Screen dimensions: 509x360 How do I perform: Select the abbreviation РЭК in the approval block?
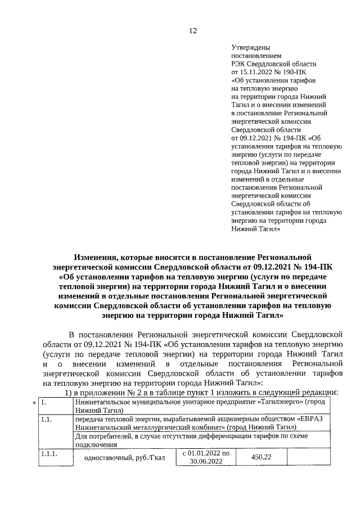(x=239, y=65)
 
